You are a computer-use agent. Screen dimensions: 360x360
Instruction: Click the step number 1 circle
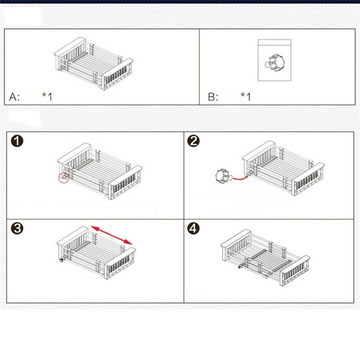(17, 141)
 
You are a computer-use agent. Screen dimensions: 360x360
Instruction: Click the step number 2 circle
(193, 141)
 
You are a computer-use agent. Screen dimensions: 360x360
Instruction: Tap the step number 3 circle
(17, 229)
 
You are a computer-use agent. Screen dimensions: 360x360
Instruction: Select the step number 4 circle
(193, 229)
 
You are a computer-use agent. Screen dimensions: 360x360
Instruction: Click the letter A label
(14, 97)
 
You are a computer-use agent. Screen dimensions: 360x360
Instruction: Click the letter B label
(213, 97)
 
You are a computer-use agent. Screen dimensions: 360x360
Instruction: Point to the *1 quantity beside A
(47, 96)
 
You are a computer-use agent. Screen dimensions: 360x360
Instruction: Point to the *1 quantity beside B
(246, 96)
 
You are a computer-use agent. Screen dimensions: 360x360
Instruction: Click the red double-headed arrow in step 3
(112, 235)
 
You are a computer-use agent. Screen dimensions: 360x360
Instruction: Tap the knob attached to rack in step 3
(62, 260)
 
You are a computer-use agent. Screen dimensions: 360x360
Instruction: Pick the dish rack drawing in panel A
(94, 63)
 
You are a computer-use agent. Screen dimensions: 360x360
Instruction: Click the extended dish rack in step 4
(265, 257)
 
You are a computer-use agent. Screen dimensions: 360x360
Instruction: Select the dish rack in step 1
(100, 171)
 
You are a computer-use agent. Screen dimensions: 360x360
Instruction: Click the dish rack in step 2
(283, 168)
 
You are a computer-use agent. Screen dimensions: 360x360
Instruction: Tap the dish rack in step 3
(96, 253)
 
